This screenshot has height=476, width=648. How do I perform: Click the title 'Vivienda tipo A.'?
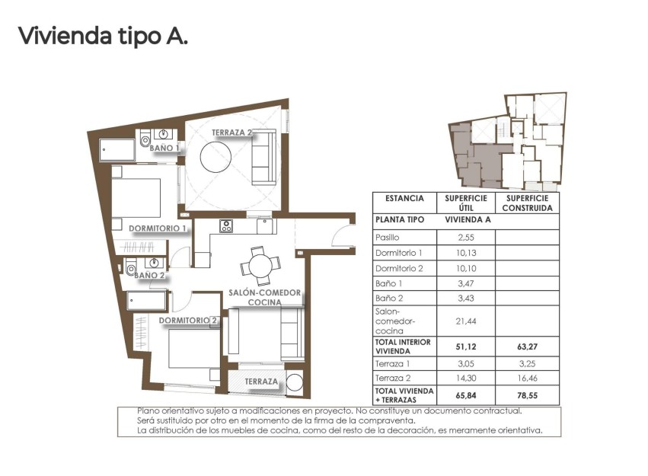point(102,36)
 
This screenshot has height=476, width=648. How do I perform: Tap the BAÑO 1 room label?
point(164,148)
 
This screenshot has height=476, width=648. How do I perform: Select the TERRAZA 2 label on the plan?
point(232,133)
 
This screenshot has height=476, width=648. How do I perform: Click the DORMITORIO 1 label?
point(158,228)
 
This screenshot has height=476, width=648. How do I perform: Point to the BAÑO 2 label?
point(149,275)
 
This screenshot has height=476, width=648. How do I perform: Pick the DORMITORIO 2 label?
point(188,321)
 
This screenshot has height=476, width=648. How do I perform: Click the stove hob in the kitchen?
point(226,225)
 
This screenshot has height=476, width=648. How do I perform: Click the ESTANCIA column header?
point(404,198)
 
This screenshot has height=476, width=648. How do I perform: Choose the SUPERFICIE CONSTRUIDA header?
point(527,203)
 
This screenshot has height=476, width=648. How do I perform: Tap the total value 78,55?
point(527,395)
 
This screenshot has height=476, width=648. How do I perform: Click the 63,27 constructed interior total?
point(527,347)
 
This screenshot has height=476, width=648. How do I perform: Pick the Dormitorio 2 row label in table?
point(398,268)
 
